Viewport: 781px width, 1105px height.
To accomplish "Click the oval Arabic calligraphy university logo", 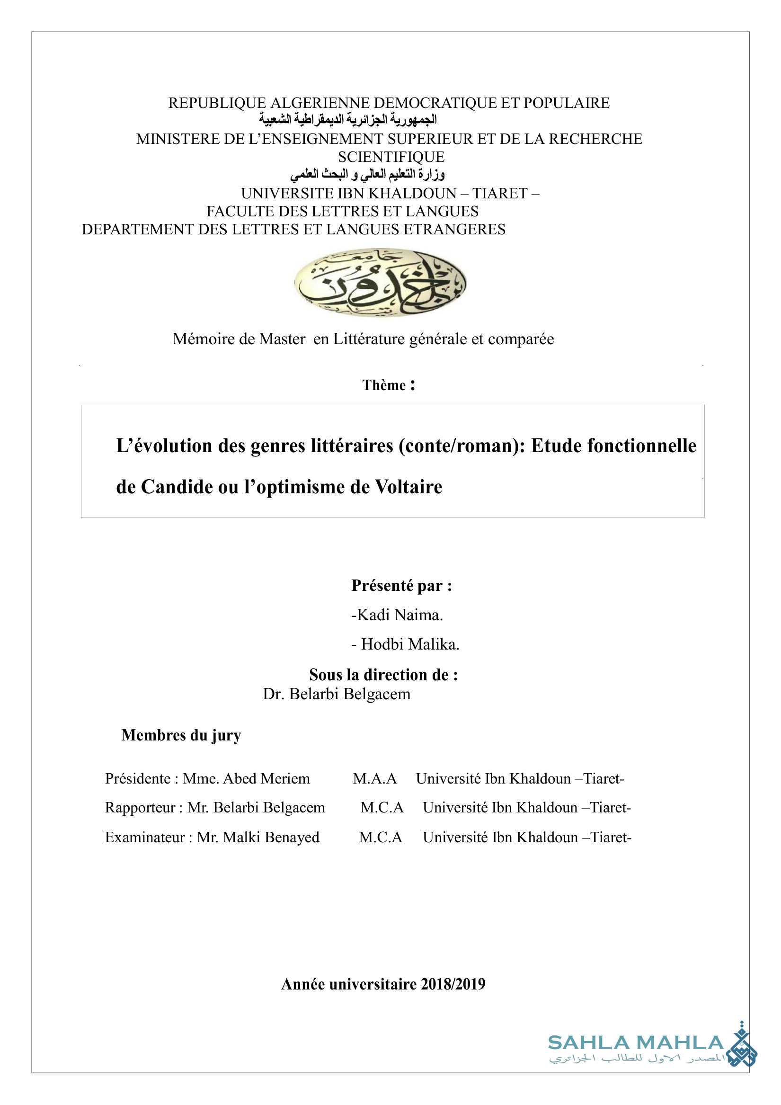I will tap(380, 283).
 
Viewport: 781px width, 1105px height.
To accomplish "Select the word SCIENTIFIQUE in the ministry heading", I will tap(391, 157).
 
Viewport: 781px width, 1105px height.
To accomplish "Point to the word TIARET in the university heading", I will tap(500, 194).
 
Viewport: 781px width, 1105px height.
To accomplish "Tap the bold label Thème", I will tap(384, 385).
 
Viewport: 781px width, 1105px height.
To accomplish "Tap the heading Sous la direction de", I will tap(383, 675).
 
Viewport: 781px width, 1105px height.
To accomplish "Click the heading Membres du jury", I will tap(181, 735).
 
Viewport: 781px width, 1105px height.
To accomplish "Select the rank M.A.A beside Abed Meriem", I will tap(375, 779).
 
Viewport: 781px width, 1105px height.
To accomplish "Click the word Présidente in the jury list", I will tap(138, 779).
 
